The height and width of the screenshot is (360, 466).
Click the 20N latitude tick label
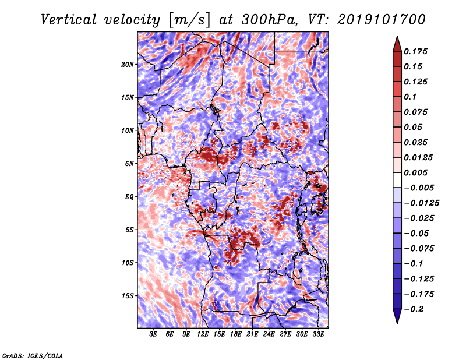[128, 64]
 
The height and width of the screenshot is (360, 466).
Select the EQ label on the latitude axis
[130, 196]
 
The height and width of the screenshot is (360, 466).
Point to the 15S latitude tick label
[128, 295]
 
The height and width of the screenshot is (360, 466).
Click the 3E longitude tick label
[154, 334]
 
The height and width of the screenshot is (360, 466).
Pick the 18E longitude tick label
[235, 334]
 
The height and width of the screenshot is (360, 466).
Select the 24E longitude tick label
[268, 334]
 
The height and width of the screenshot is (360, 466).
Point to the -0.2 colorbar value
[418, 309]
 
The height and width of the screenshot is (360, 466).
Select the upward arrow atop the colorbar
[397, 43]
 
